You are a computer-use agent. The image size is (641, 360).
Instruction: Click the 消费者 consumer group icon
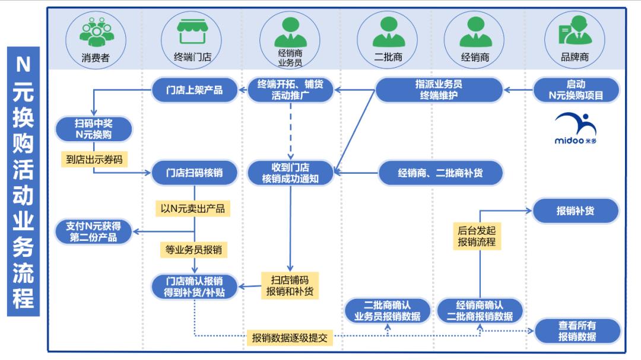(96, 32)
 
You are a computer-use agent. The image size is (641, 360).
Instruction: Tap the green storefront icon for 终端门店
(191, 32)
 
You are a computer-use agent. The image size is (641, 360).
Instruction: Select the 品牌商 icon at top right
(574, 32)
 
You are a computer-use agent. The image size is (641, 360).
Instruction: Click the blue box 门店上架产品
(195, 90)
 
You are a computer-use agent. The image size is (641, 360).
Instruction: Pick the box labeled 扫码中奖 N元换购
(93, 129)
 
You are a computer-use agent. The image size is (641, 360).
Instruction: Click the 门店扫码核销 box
(195, 173)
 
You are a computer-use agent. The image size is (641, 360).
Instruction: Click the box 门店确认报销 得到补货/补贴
(195, 287)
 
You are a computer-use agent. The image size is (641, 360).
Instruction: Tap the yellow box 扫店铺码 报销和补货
(290, 286)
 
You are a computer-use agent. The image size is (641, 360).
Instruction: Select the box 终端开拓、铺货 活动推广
(290, 90)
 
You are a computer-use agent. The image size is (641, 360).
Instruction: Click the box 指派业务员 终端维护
(439, 90)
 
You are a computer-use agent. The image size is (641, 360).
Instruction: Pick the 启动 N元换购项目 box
(576, 90)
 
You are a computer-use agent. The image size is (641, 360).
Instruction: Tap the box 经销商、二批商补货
(440, 173)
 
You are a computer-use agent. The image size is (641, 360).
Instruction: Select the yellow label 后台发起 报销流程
(476, 236)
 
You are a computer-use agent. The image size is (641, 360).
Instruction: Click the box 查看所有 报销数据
(577, 331)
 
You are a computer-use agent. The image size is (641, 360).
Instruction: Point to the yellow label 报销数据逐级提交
(290, 338)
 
